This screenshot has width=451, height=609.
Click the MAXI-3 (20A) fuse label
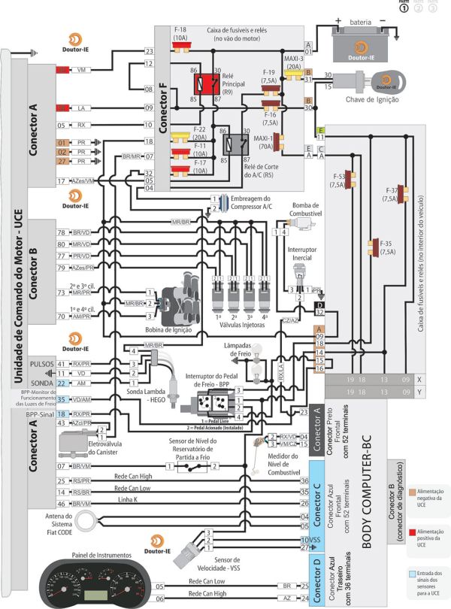[293, 62]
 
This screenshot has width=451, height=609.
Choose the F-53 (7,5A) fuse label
[339, 180]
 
